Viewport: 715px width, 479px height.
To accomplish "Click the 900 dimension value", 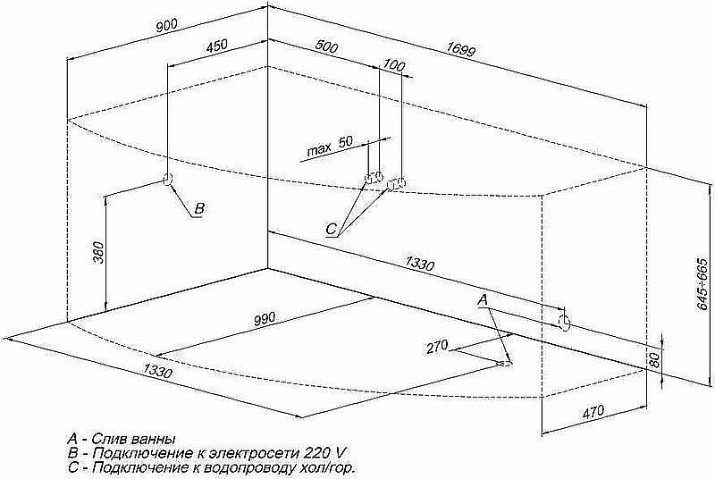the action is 166,26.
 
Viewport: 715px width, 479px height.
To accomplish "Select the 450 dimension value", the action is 216,46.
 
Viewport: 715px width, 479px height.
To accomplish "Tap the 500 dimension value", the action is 326,46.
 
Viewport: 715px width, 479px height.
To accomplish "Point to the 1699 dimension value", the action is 460,49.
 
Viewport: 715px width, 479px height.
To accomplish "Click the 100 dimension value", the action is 393,65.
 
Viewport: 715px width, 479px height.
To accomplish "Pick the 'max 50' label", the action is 330,146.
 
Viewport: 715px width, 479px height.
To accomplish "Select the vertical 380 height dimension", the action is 98,253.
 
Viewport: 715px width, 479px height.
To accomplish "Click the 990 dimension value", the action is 265,317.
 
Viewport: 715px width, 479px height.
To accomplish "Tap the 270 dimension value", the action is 437,347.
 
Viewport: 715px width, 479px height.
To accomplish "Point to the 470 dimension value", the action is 593,412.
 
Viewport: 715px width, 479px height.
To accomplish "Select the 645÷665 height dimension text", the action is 703,284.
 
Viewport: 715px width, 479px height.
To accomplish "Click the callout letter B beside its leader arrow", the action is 199,208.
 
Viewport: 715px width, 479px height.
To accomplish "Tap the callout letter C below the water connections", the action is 331,229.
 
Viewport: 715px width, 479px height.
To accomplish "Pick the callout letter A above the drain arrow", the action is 483,299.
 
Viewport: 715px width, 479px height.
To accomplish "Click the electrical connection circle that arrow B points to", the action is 167,180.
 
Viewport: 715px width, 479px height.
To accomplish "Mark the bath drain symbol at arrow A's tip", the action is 506,363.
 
